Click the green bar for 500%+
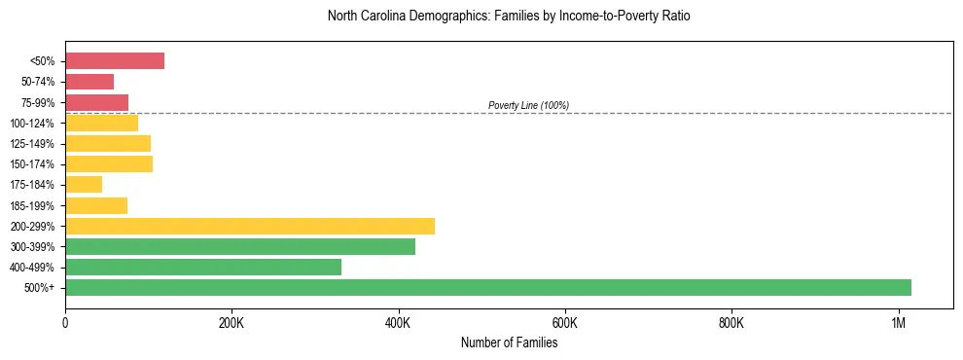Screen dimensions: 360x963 click(487, 287)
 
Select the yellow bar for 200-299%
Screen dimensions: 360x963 click(250, 226)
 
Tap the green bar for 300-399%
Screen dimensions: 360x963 click(240, 246)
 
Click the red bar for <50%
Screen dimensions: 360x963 click(115, 61)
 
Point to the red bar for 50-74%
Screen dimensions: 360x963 click(89, 82)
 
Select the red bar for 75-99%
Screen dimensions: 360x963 click(96, 102)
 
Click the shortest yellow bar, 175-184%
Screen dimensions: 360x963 click(84, 185)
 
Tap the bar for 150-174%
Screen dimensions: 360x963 click(109, 163)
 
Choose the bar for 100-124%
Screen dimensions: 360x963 click(101, 123)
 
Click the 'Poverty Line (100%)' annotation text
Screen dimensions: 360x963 click(528, 105)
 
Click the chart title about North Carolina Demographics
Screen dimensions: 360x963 click(509, 17)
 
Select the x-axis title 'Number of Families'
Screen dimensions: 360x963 click(509, 342)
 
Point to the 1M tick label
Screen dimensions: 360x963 click(898, 323)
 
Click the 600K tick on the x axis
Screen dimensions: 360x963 click(564, 323)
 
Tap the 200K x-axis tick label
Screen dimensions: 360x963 click(232, 323)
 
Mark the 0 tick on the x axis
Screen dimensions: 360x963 click(65, 323)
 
